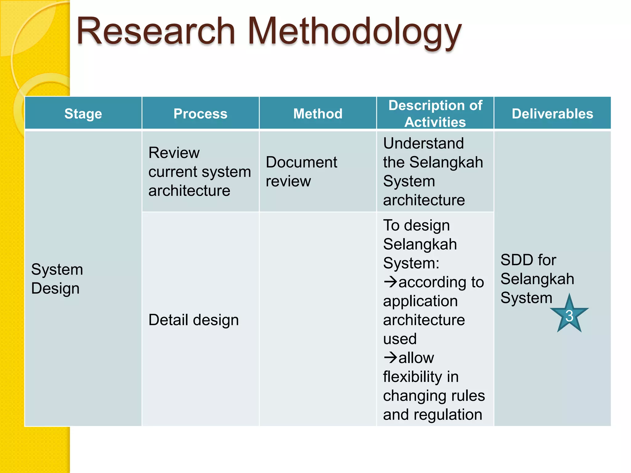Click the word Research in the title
(156, 32)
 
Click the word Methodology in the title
(354, 32)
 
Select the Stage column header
(83, 114)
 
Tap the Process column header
(200, 114)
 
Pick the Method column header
(318, 114)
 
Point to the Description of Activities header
(435, 114)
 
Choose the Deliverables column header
(552, 114)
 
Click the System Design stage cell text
(57, 279)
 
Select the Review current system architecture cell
(199, 172)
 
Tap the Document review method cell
(301, 172)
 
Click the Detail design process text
(193, 320)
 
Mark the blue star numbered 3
(569, 315)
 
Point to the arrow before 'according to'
(390, 281)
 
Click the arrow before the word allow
(390, 357)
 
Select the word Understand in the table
(423, 143)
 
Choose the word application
(420, 301)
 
